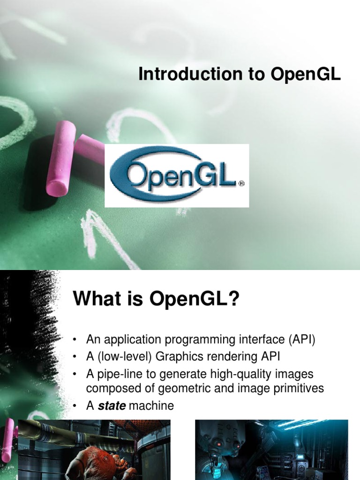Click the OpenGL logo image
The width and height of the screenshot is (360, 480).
click(177, 175)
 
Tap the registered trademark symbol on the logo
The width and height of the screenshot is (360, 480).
click(241, 184)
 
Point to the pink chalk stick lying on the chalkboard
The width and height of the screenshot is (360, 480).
click(61, 158)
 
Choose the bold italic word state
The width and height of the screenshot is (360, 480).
click(112, 406)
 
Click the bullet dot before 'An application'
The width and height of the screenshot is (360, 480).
click(74, 340)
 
